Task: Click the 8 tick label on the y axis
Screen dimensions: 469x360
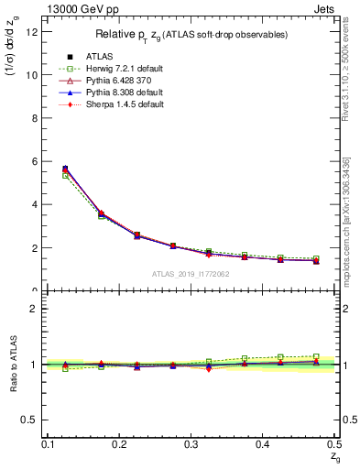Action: (34, 117)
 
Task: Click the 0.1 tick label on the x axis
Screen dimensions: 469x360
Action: (47, 444)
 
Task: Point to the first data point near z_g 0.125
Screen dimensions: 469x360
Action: (65, 169)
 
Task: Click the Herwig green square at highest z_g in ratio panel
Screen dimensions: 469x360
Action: (316, 356)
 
